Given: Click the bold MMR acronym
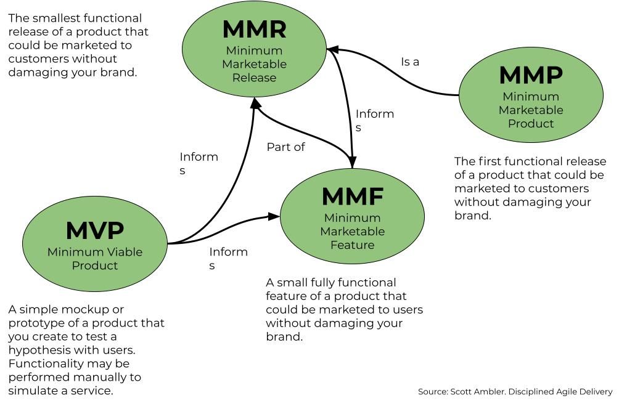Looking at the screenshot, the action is coord(255,29).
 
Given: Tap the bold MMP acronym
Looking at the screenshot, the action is coord(531,75).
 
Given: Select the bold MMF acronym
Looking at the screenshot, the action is coord(353,196).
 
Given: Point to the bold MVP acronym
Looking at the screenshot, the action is coord(95,230).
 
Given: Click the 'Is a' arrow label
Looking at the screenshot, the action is coord(410,62).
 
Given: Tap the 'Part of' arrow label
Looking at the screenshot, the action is coord(285,147).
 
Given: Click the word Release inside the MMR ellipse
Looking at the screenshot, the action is coord(254,78).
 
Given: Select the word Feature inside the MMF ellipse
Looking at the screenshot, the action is coord(352,245).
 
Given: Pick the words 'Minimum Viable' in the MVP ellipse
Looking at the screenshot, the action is coord(95,252).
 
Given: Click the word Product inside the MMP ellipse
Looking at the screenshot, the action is coord(531,123).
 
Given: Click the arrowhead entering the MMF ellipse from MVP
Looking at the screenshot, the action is coord(274,216).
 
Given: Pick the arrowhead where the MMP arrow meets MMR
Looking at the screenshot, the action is coord(333,49).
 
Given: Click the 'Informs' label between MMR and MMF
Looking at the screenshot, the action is coord(375,121).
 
